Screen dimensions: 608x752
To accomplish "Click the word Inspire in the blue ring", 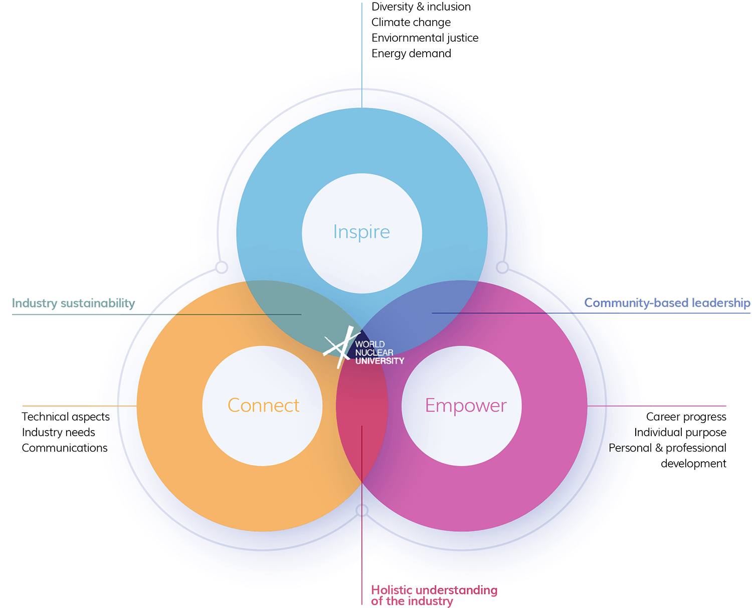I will tap(361, 232).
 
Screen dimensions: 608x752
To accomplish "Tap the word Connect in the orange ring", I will tap(263, 405).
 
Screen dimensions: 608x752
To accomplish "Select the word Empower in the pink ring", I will tap(466, 405).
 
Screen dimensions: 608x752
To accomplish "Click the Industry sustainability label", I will tap(73, 303).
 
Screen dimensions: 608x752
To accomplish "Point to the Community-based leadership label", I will tap(667, 303).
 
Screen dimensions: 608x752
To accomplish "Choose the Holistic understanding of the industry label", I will tap(434, 595).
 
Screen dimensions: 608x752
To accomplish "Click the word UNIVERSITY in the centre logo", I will tap(380, 361).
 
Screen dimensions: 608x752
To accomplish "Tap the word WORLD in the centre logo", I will tap(370, 344).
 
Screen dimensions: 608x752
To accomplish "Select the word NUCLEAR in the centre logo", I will tap(374, 352).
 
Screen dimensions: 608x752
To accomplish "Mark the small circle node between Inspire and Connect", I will tap(222, 267).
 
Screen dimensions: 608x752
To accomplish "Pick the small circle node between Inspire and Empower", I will tap(502, 267).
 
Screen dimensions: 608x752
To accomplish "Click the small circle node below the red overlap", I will tap(362, 511).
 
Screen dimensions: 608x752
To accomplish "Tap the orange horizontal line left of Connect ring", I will tap(80, 406).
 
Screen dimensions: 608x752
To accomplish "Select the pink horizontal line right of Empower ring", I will tap(657, 406).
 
